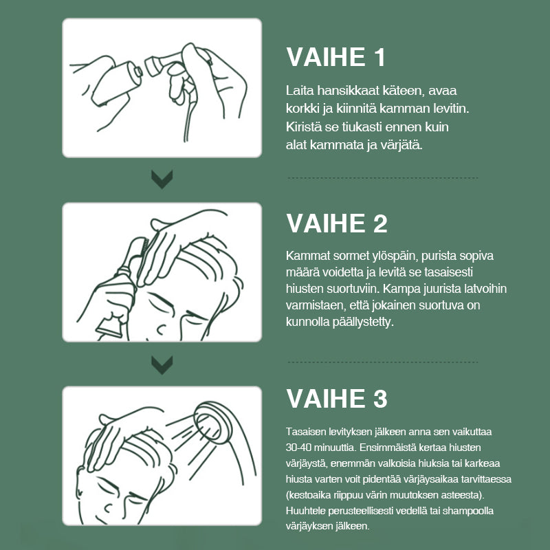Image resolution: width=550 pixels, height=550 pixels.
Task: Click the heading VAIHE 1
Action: (x=335, y=57)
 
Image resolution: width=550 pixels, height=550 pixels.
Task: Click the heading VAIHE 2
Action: (x=337, y=223)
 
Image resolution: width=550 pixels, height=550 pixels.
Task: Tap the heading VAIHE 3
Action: (x=337, y=399)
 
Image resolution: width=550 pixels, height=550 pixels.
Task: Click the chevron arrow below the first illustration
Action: (x=162, y=179)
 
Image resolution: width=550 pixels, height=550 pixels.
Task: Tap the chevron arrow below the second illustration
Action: (x=162, y=365)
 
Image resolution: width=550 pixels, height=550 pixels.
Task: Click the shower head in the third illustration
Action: (x=212, y=423)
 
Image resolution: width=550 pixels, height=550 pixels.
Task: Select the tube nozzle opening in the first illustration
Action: (x=138, y=71)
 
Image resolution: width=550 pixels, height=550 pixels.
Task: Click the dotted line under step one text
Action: (x=382, y=178)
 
